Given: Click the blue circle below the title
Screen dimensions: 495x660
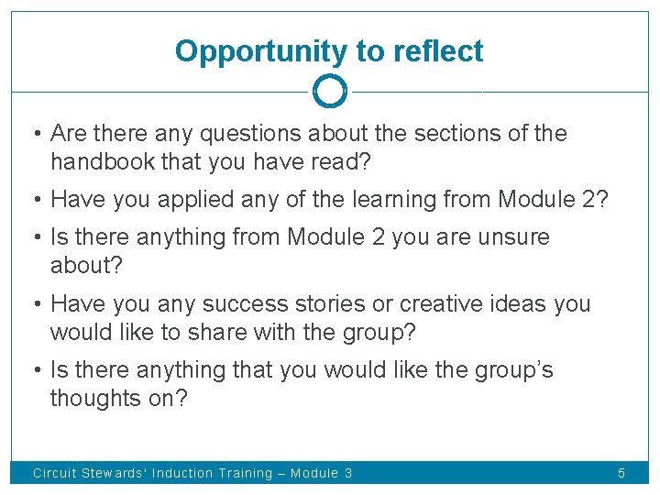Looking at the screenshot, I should tap(329, 91).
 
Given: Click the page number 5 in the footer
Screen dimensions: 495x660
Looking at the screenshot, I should tap(621, 474).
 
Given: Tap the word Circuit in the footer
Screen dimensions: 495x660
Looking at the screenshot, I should tap(55, 474).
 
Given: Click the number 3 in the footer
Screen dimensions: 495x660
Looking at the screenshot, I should tap(347, 474).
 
